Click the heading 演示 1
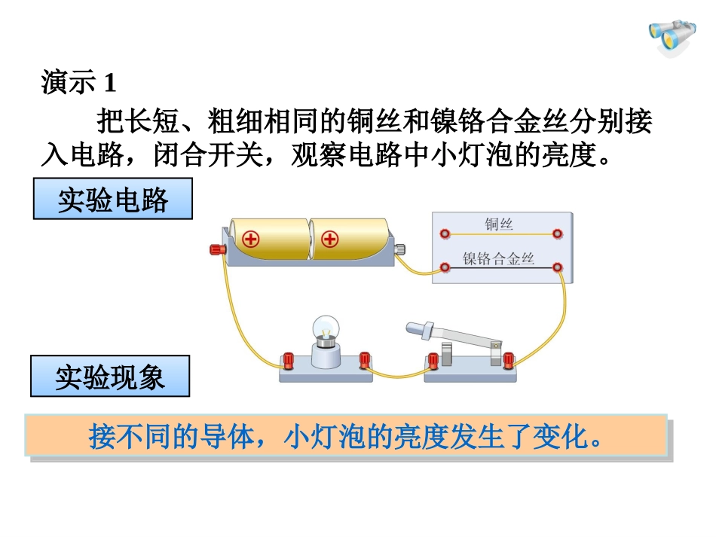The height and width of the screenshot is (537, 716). (79, 82)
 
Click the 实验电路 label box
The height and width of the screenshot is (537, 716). (113, 200)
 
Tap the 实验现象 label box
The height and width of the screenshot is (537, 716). (110, 377)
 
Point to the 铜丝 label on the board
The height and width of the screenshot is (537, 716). (500, 224)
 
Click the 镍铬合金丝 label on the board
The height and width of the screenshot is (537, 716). (499, 259)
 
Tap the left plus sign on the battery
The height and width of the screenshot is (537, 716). (250, 240)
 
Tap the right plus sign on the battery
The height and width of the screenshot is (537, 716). (329, 240)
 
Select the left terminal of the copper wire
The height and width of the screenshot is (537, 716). (446, 233)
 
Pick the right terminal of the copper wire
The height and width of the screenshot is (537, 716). (557, 233)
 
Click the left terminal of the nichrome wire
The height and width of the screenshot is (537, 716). (446, 267)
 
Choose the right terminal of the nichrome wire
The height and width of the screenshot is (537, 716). (557, 267)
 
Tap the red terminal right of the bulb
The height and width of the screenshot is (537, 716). (366, 359)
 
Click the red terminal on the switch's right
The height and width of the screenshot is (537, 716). (509, 361)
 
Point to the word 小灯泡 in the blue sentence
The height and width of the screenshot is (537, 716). (323, 437)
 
